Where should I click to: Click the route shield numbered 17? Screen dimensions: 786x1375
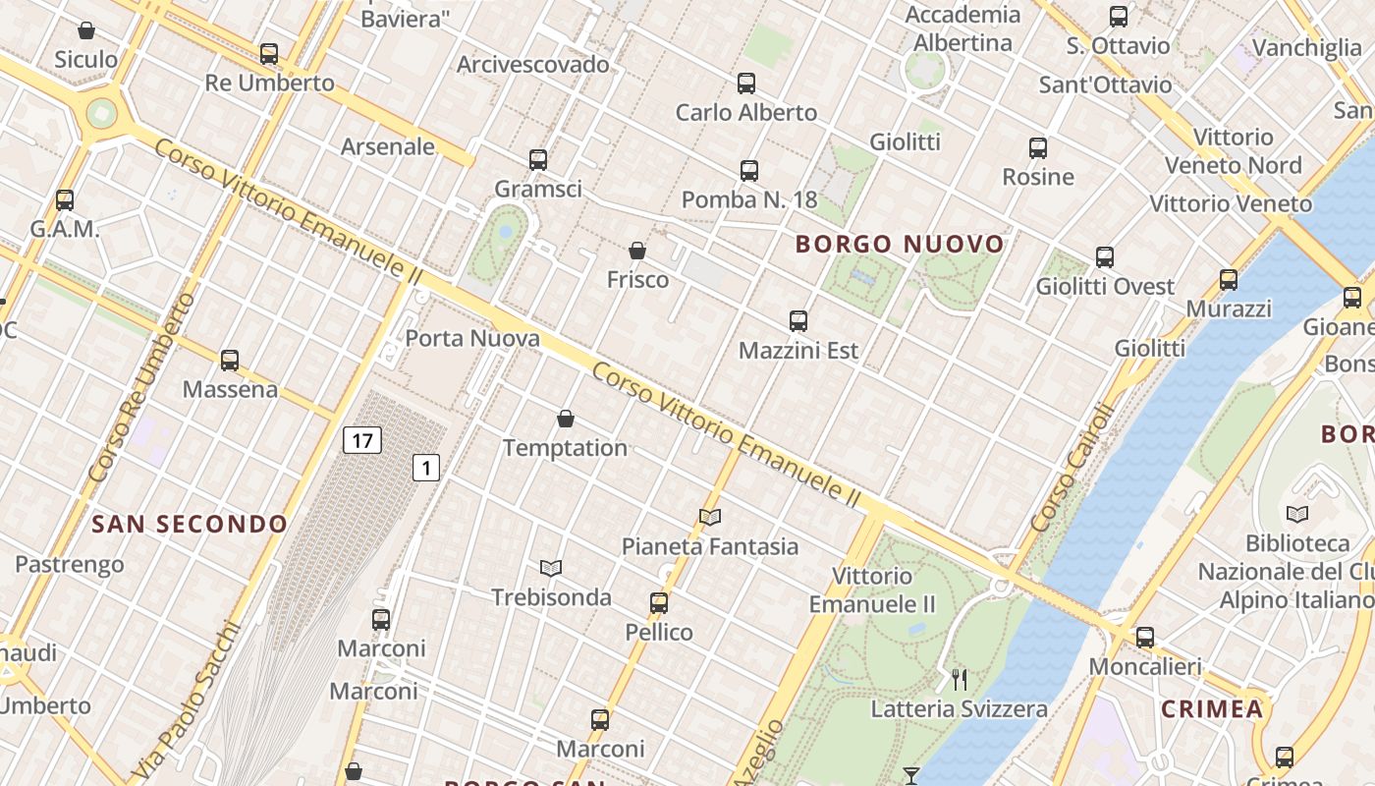(362, 440)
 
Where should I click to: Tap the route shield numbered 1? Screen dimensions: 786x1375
(425, 468)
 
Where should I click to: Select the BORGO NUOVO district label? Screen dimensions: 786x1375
(900, 244)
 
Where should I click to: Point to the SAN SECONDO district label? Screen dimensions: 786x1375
(190, 524)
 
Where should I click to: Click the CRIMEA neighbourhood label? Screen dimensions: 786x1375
(1211, 708)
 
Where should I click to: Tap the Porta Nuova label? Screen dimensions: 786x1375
(472, 339)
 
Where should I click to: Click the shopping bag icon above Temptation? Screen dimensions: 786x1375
(566, 420)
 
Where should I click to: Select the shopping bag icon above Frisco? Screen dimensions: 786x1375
(637, 252)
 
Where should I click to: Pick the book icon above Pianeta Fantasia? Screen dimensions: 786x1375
(710, 517)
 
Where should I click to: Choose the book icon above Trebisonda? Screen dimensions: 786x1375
(551, 568)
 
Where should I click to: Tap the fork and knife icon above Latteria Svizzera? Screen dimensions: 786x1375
(960, 679)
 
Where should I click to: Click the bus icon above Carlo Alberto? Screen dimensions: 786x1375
(746, 84)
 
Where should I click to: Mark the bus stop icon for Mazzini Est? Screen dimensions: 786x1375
(798, 321)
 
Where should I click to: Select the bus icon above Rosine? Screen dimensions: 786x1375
(1038, 148)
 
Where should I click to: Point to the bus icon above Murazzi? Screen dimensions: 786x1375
(1229, 280)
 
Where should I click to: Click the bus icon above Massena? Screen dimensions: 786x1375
(230, 361)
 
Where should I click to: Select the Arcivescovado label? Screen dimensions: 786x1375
(533, 65)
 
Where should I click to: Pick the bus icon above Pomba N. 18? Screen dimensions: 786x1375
(749, 171)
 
